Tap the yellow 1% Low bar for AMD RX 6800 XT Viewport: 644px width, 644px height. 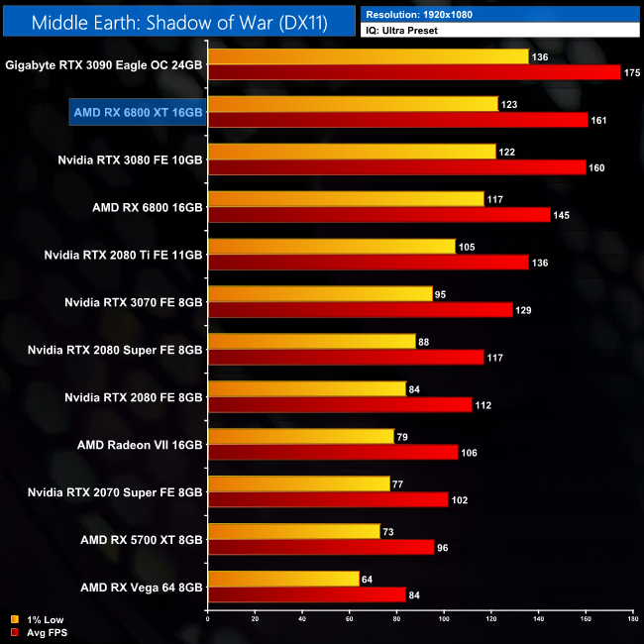click(352, 104)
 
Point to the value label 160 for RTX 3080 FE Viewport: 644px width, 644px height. click(596, 167)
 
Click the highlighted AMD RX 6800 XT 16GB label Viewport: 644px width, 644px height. click(138, 112)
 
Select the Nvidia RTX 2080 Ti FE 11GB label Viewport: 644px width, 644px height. click(124, 255)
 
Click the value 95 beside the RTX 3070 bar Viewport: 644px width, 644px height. click(443, 294)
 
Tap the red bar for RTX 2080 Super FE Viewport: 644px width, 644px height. click(346, 358)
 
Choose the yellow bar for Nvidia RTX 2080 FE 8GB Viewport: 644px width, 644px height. click(306, 389)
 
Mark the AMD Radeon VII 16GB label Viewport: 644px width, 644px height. click(140, 445)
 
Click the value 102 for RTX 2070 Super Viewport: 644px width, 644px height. click(460, 500)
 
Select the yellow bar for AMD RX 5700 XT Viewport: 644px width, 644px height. click(293, 532)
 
